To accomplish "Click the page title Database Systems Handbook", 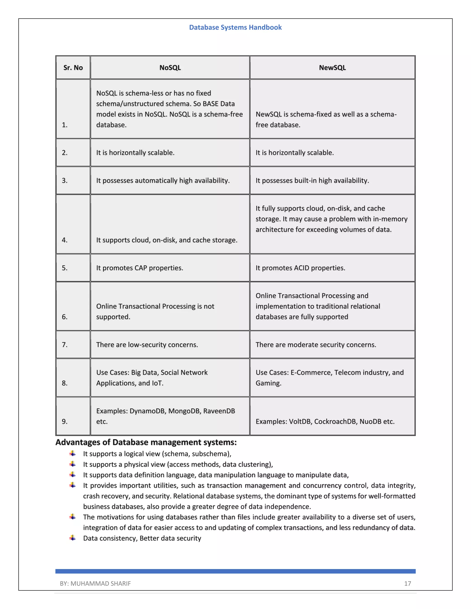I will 235,27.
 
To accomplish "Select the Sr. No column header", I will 73,68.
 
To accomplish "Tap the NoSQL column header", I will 170,68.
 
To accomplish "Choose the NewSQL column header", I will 332,68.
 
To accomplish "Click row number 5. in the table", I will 65,268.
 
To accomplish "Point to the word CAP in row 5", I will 141,268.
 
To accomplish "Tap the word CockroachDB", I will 335,422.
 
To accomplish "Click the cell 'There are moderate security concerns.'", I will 316,345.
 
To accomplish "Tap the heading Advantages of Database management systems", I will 146,443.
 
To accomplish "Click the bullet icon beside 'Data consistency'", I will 72,538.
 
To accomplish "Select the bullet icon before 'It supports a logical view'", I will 72,453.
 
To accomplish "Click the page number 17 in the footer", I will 407,584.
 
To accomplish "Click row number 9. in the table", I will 65,422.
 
